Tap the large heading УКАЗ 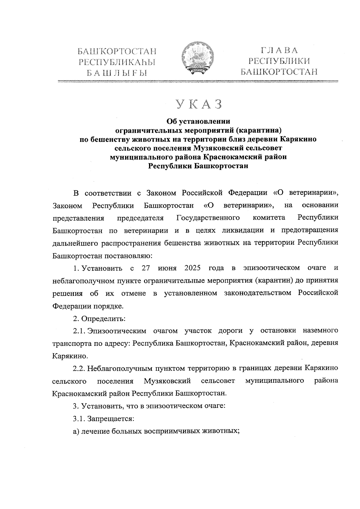[199, 104]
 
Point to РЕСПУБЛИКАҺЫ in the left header [117, 62]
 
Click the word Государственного [208, 218]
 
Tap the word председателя [140, 218]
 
